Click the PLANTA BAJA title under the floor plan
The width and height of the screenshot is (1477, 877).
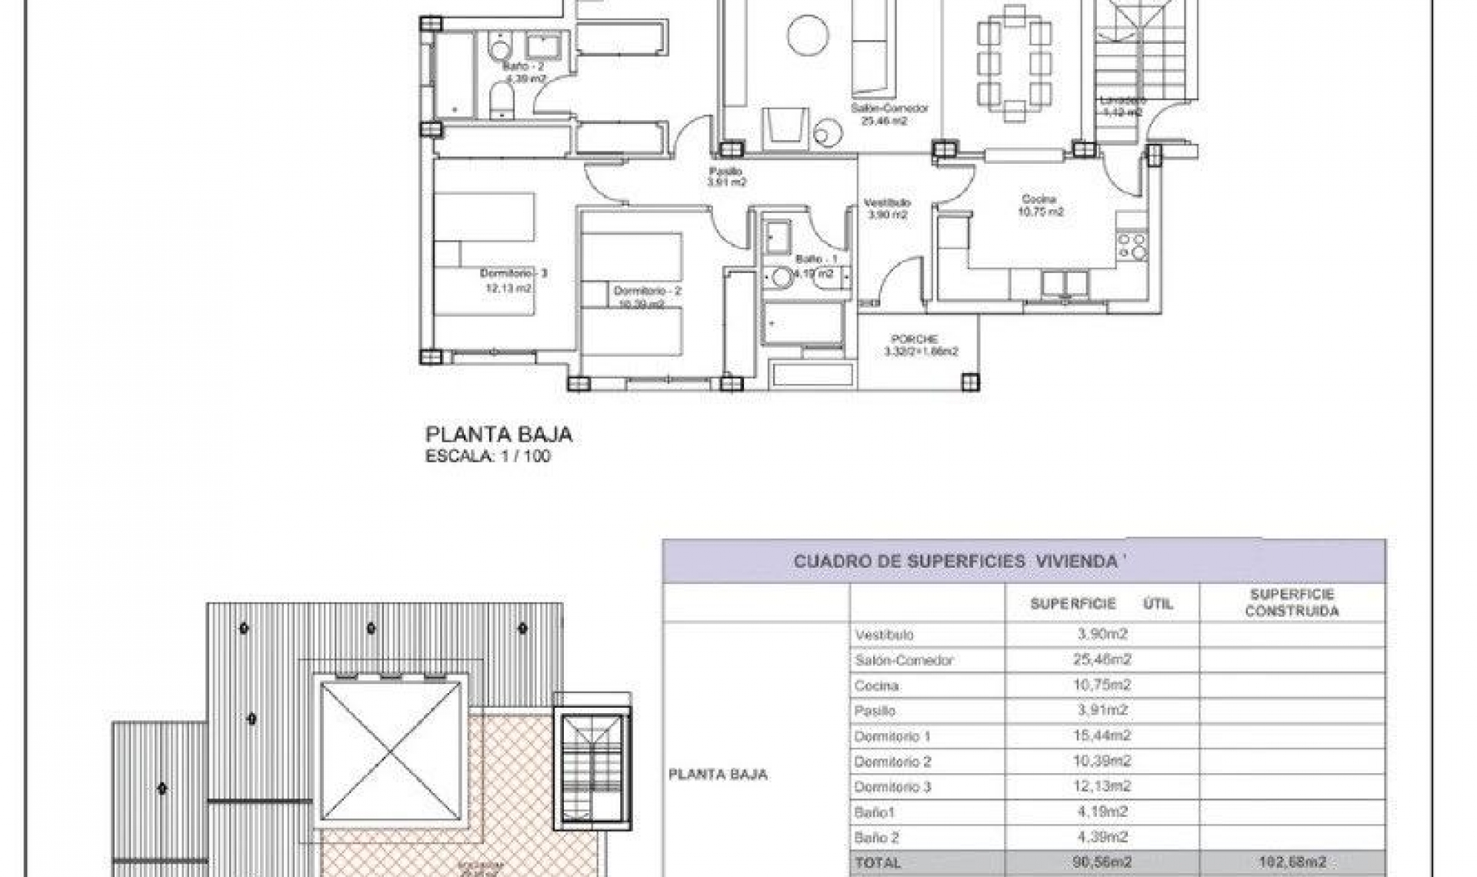pyautogui.click(x=498, y=435)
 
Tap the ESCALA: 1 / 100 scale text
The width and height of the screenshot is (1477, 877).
pyautogui.click(x=488, y=456)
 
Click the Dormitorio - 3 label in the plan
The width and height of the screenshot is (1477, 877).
pyautogui.click(x=513, y=274)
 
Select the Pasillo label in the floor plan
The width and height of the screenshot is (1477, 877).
pyautogui.click(x=725, y=172)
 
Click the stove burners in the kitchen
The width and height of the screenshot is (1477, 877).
pyautogui.click(x=1133, y=247)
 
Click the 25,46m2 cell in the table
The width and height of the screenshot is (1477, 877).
pyautogui.click(x=1102, y=660)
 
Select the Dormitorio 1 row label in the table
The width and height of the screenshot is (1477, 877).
pyautogui.click(x=892, y=737)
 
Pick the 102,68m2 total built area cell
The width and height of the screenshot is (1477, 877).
pyautogui.click(x=1292, y=863)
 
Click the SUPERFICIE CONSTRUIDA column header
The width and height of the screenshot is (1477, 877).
pyautogui.click(x=1292, y=603)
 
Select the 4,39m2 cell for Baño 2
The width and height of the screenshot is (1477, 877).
pyautogui.click(x=1102, y=837)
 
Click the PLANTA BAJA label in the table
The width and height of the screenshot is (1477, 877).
pyautogui.click(x=718, y=775)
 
